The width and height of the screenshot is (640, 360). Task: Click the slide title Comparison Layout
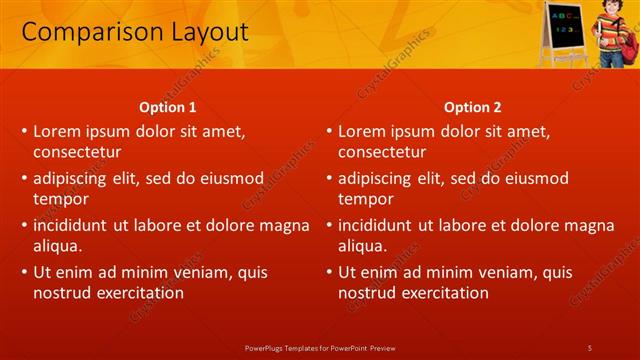click(x=135, y=32)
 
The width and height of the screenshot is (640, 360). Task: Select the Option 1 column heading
click(x=168, y=107)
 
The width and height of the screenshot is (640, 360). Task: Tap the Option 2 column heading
click(x=473, y=107)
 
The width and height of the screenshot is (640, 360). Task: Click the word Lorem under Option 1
click(x=58, y=131)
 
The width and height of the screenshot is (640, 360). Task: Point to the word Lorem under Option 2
click(x=363, y=131)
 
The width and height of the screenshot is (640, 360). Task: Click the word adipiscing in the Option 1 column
click(x=72, y=178)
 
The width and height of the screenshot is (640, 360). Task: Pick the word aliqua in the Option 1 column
click(x=57, y=246)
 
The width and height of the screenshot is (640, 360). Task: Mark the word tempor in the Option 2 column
click(x=364, y=199)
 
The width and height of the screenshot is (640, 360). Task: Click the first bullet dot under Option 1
click(x=24, y=132)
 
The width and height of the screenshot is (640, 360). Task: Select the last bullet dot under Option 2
click(x=329, y=272)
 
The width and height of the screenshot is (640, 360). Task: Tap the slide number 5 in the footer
click(x=590, y=347)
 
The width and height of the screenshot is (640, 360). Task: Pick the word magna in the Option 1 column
click(x=284, y=225)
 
